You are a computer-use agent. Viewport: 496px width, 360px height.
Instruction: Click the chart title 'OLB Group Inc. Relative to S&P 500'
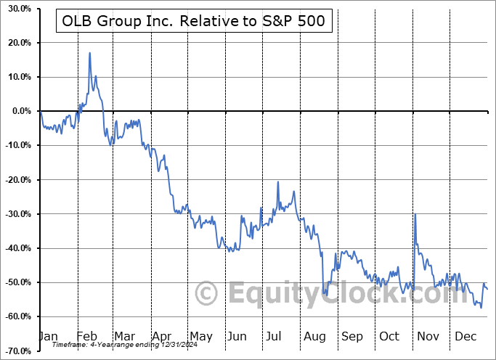(x=194, y=22)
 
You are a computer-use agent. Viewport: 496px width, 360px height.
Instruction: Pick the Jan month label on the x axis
(x=47, y=336)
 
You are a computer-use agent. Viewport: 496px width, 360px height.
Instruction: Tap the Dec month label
(x=465, y=336)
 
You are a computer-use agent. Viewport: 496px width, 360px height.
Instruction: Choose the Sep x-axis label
(x=352, y=336)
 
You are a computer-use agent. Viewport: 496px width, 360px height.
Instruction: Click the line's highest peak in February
(x=89, y=53)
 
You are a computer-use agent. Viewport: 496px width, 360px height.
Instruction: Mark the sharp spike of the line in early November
(x=415, y=214)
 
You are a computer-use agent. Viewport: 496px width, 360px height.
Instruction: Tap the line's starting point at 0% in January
(x=41, y=111)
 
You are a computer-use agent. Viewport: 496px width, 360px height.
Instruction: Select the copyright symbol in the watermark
(x=208, y=294)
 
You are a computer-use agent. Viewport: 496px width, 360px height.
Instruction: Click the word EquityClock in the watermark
(x=320, y=294)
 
